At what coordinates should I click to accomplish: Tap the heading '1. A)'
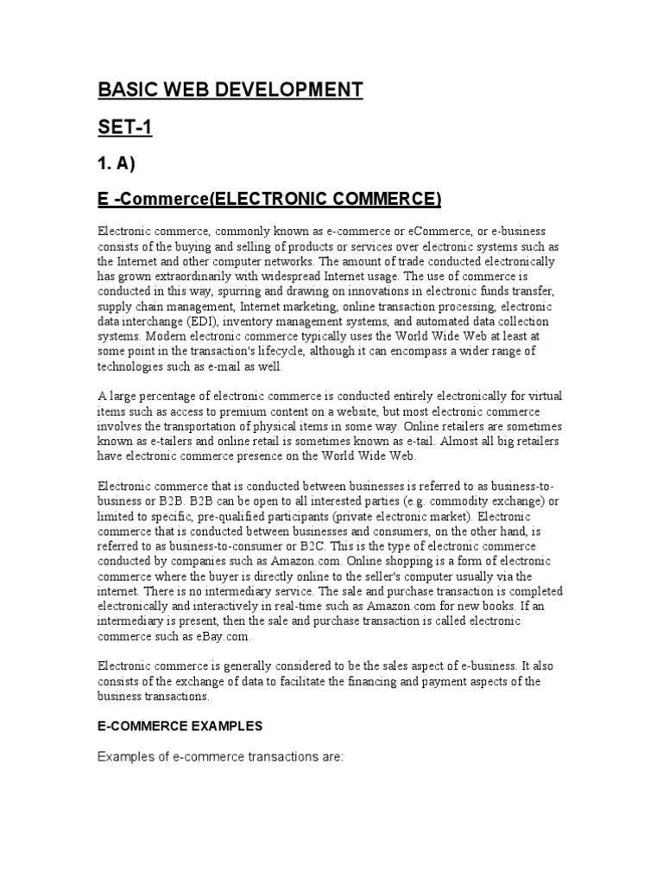click(x=117, y=164)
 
